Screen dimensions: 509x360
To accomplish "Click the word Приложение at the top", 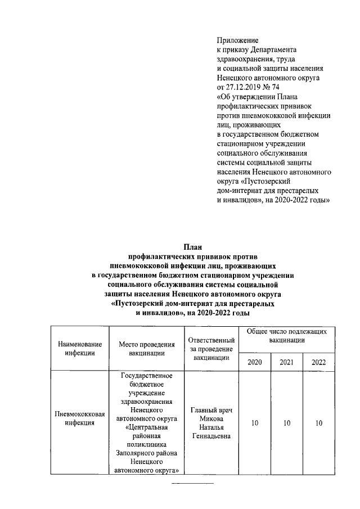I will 237,40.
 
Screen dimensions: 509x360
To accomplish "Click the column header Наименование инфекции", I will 79,348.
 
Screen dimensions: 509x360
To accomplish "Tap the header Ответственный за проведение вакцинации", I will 210,348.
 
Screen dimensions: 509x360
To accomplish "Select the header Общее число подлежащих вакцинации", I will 287,336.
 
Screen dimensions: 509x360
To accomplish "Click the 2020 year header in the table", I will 255,361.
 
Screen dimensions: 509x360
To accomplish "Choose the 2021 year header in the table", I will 287,361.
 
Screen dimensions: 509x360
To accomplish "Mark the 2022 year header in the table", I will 318,361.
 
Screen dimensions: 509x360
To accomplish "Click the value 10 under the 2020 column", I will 255,423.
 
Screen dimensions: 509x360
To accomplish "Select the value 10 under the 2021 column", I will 287,423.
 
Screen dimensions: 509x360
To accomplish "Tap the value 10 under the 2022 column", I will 318,423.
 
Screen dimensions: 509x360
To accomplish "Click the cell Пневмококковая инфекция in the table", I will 79,418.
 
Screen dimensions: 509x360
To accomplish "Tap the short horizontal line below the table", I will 192,483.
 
